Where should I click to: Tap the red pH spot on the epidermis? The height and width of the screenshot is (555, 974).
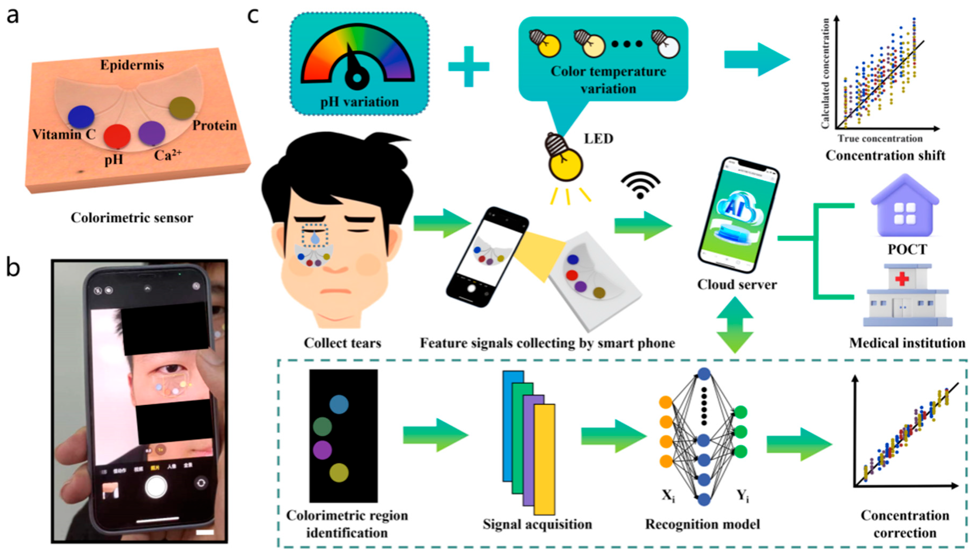tap(117, 136)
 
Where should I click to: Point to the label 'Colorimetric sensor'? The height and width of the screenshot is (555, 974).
tap(132, 218)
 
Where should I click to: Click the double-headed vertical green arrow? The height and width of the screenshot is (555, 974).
tap(735, 325)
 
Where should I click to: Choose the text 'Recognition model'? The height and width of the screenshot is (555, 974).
tap(702, 525)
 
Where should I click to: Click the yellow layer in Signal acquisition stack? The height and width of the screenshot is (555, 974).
tap(545, 459)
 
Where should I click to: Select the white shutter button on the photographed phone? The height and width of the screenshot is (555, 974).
tap(156, 487)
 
